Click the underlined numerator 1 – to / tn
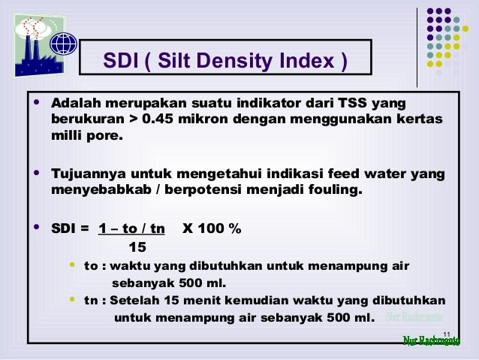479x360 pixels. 132,229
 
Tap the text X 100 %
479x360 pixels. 212,229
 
